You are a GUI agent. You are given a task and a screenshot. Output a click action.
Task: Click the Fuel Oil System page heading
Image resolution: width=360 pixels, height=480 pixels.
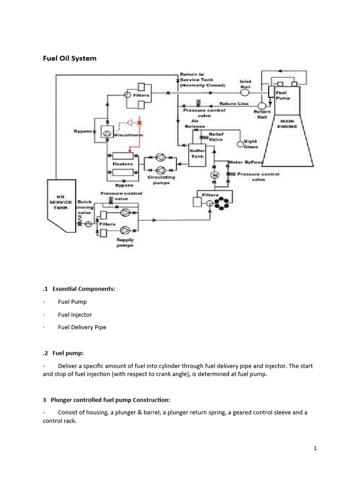[69, 59]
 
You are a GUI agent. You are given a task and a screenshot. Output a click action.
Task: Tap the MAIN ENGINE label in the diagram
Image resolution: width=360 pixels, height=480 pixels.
[286, 123]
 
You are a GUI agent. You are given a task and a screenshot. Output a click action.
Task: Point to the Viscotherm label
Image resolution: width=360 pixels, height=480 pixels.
[129, 135]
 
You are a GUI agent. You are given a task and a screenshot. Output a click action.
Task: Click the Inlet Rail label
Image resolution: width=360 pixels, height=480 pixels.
[246, 84]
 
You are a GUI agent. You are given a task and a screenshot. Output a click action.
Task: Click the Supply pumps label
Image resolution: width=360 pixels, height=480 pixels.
[125, 242]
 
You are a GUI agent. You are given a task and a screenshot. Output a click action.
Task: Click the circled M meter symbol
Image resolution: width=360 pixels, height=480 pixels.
[215, 174]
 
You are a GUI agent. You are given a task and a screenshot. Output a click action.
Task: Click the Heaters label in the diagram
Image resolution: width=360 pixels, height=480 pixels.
[123, 164]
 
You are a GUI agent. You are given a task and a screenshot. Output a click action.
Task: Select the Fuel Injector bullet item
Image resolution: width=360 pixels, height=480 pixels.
[75, 315]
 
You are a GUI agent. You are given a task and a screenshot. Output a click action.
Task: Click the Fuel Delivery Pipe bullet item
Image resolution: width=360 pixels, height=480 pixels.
[82, 327]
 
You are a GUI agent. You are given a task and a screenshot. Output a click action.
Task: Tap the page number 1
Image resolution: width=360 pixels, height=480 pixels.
[315, 448]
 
